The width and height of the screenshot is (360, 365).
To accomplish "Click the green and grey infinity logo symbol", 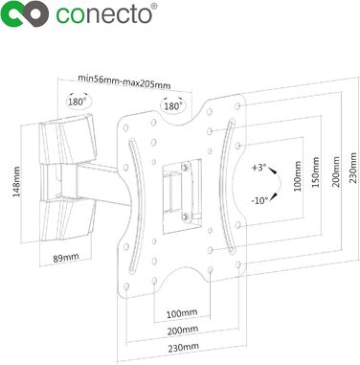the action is [x=24, y=14].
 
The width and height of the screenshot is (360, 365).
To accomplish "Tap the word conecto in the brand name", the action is [x=103, y=14].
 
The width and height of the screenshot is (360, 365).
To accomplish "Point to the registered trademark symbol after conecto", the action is [x=154, y=6].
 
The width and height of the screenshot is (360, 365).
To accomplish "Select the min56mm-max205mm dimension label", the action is [x=124, y=81].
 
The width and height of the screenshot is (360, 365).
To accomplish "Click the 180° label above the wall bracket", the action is [x=78, y=103].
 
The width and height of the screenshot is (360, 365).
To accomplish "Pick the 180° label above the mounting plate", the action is [x=173, y=106].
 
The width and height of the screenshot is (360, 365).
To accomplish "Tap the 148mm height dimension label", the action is [x=16, y=181].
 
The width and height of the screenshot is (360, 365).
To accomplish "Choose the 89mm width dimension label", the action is [x=66, y=258].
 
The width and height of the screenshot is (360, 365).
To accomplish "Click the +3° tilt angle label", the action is [x=259, y=168].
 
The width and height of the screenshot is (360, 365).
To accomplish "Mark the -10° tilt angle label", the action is [x=259, y=201].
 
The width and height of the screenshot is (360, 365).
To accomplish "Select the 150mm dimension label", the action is [x=315, y=172].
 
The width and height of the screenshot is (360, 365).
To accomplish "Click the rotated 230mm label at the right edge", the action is [x=353, y=168].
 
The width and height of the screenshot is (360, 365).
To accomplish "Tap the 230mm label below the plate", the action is [x=184, y=347].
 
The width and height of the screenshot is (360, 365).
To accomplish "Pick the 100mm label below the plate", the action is [x=182, y=313].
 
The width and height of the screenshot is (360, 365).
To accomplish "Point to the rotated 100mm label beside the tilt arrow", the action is [x=297, y=176].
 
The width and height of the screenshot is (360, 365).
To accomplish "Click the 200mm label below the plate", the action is [x=183, y=331].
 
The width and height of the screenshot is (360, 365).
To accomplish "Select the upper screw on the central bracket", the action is [x=185, y=167].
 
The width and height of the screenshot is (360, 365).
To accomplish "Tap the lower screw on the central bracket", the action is [x=185, y=217].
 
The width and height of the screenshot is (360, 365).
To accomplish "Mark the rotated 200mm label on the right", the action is [x=336, y=171].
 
